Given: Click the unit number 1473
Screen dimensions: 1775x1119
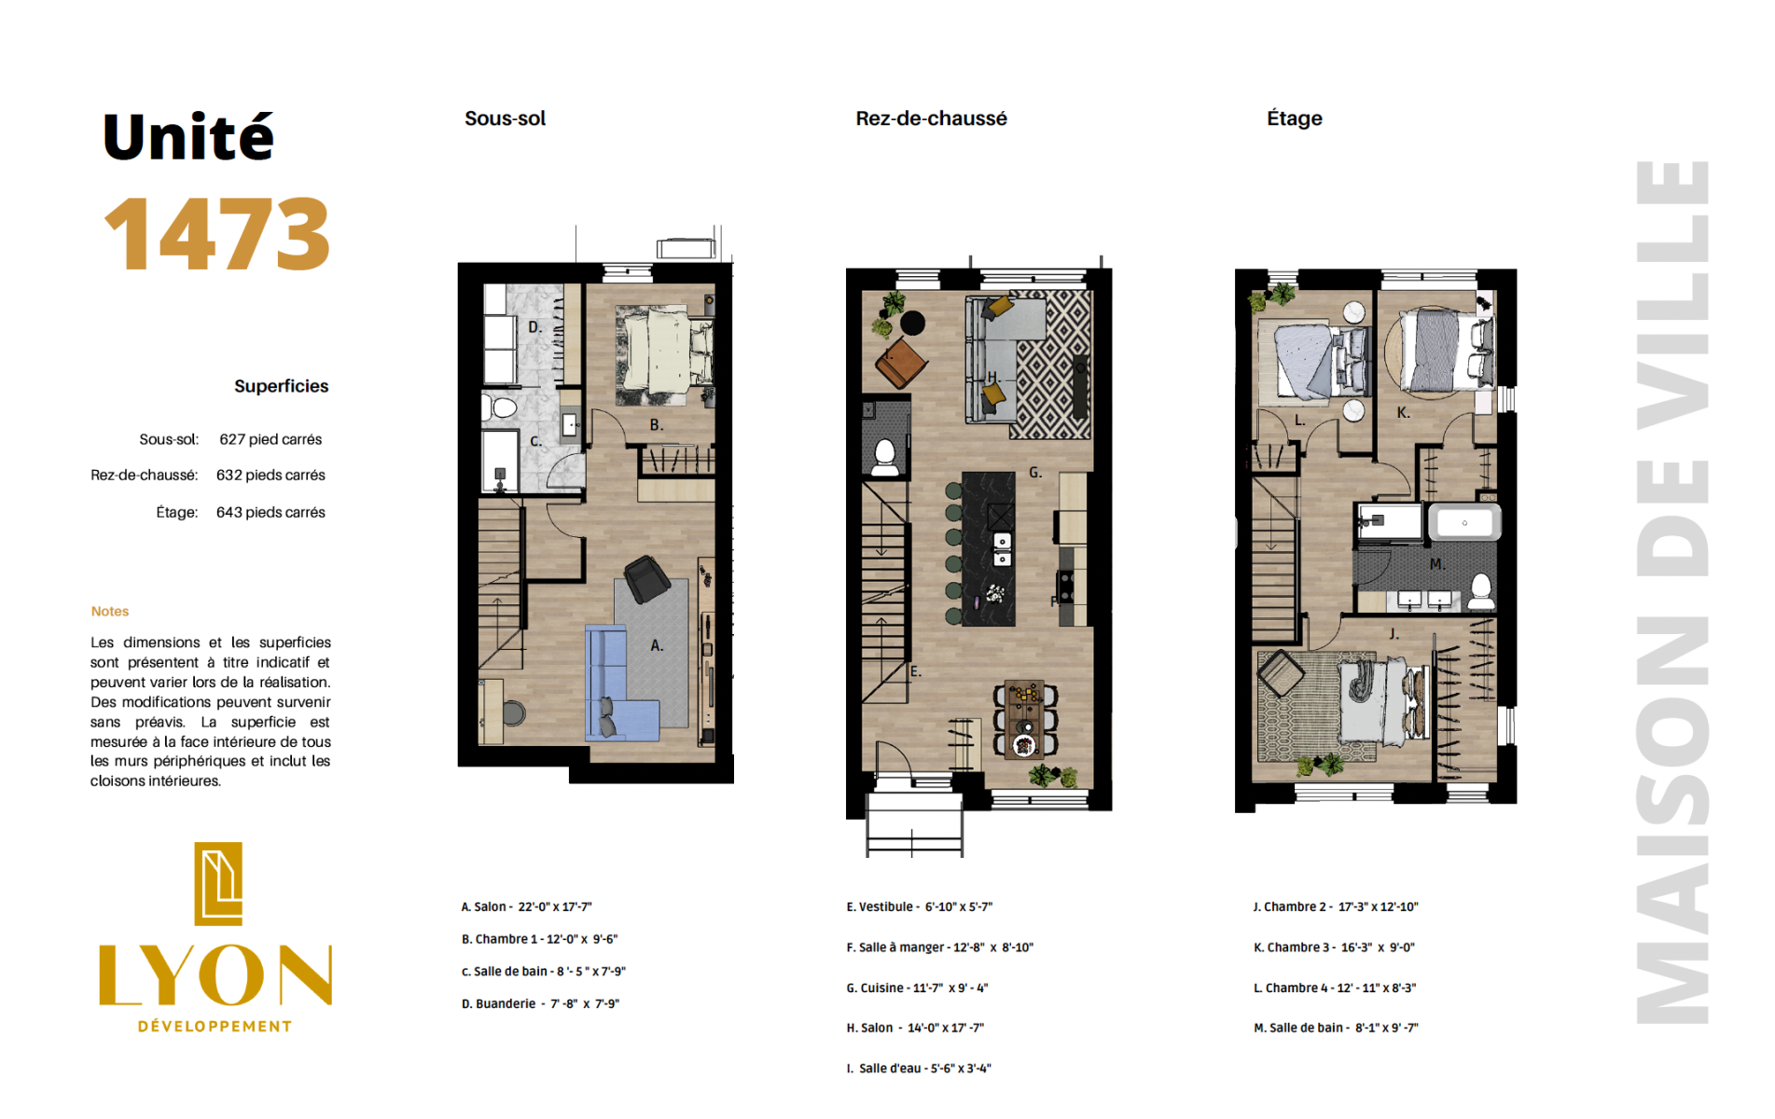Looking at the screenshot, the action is point(217,234).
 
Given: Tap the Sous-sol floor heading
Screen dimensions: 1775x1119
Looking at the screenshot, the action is point(505,118).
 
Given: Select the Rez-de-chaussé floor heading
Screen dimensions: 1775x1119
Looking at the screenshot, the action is point(931,118).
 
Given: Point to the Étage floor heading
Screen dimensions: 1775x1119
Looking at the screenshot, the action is point(1294,118).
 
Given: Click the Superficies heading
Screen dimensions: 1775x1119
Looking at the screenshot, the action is point(281,386).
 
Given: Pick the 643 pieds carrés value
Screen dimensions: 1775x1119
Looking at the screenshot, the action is point(270,512).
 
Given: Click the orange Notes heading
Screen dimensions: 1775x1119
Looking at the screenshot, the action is point(110,612).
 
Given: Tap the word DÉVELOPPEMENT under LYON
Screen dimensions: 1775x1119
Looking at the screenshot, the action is point(215,1027).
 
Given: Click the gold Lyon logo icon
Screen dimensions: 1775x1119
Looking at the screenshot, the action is point(218,884).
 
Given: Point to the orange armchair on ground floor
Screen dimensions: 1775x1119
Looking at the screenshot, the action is point(901,363).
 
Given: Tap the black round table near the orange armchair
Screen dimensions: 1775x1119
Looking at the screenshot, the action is point(913,323).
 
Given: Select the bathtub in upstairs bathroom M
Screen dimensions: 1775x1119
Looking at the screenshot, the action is point(1464,522).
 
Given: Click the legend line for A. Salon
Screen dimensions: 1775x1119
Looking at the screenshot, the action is point(526,906).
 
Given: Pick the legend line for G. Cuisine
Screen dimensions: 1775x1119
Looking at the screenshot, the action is point(917,988).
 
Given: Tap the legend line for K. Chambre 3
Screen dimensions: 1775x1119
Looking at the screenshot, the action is point(1334,947).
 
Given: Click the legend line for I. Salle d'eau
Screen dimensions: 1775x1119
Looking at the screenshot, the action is point(919,1069).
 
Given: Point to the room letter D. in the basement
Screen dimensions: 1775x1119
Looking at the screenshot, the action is point(534,327).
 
